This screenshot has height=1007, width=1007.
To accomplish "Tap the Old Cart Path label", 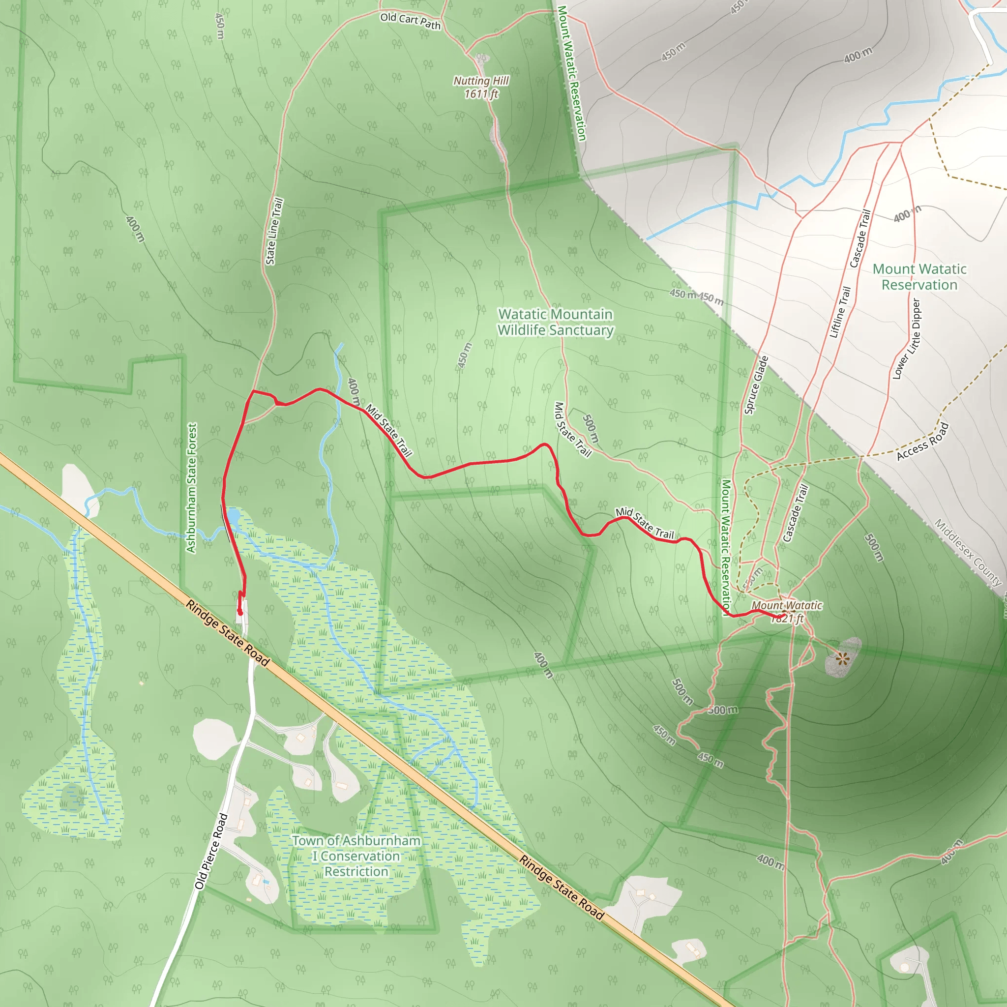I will [410, 21].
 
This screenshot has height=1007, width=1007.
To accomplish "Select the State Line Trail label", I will [274, 232].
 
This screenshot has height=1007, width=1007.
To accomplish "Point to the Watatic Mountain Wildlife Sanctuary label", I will [555, 322].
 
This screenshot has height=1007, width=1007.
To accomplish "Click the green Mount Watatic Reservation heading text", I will [919, 277].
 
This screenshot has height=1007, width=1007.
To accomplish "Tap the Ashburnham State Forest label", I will [192, 487].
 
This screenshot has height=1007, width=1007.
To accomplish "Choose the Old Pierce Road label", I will [211, 851].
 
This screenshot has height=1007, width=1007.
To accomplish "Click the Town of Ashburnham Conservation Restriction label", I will [356, 856].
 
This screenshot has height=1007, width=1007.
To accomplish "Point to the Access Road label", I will [922, 442].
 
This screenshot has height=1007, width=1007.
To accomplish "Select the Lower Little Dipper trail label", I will [908, 339].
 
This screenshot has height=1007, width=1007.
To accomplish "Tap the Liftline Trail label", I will [840, 312].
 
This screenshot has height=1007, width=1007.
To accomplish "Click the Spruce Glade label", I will [756, 385].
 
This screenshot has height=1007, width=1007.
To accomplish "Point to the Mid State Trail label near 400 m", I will [389, 431].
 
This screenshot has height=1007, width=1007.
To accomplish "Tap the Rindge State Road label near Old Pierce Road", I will [228, 633].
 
